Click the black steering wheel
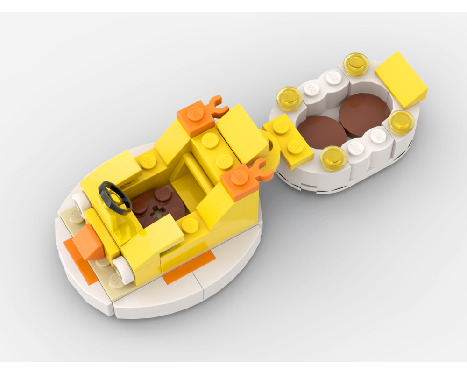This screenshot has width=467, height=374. pos(115,197)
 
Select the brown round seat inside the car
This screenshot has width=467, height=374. pos(156,206)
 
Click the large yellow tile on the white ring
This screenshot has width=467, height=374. pos(401,79)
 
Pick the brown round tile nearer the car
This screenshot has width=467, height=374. pos(322,132)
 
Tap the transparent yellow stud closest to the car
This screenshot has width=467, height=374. pos(289,98)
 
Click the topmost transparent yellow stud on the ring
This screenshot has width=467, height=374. pos(356,64)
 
